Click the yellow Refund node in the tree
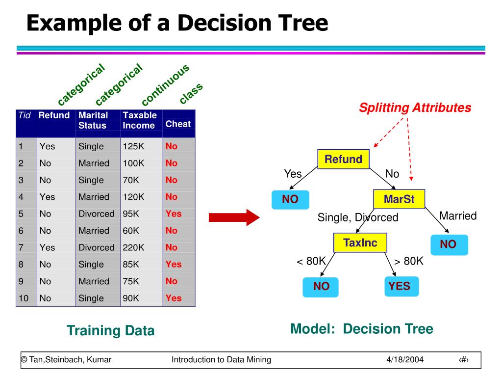[x=343, y=160]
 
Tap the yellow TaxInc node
[x=360, y=243]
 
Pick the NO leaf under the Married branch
[x=449, y=244]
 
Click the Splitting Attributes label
[x=415, y=108]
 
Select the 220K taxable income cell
[x=134, y=247]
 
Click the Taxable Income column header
[x=140, y=120]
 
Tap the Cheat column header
[x=178, y=124]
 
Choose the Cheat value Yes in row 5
[x=174, y=214]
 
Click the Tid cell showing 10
[x=24, y=298]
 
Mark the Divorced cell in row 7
[x=96, y=247]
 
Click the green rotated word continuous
[x=165, y=85]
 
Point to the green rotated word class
[x=191, y=93]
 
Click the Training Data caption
[x=110, y=331]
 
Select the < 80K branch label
[x=311, y=261]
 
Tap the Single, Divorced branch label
[x=358, y=217]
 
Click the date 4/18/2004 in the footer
[x=404, y=360]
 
